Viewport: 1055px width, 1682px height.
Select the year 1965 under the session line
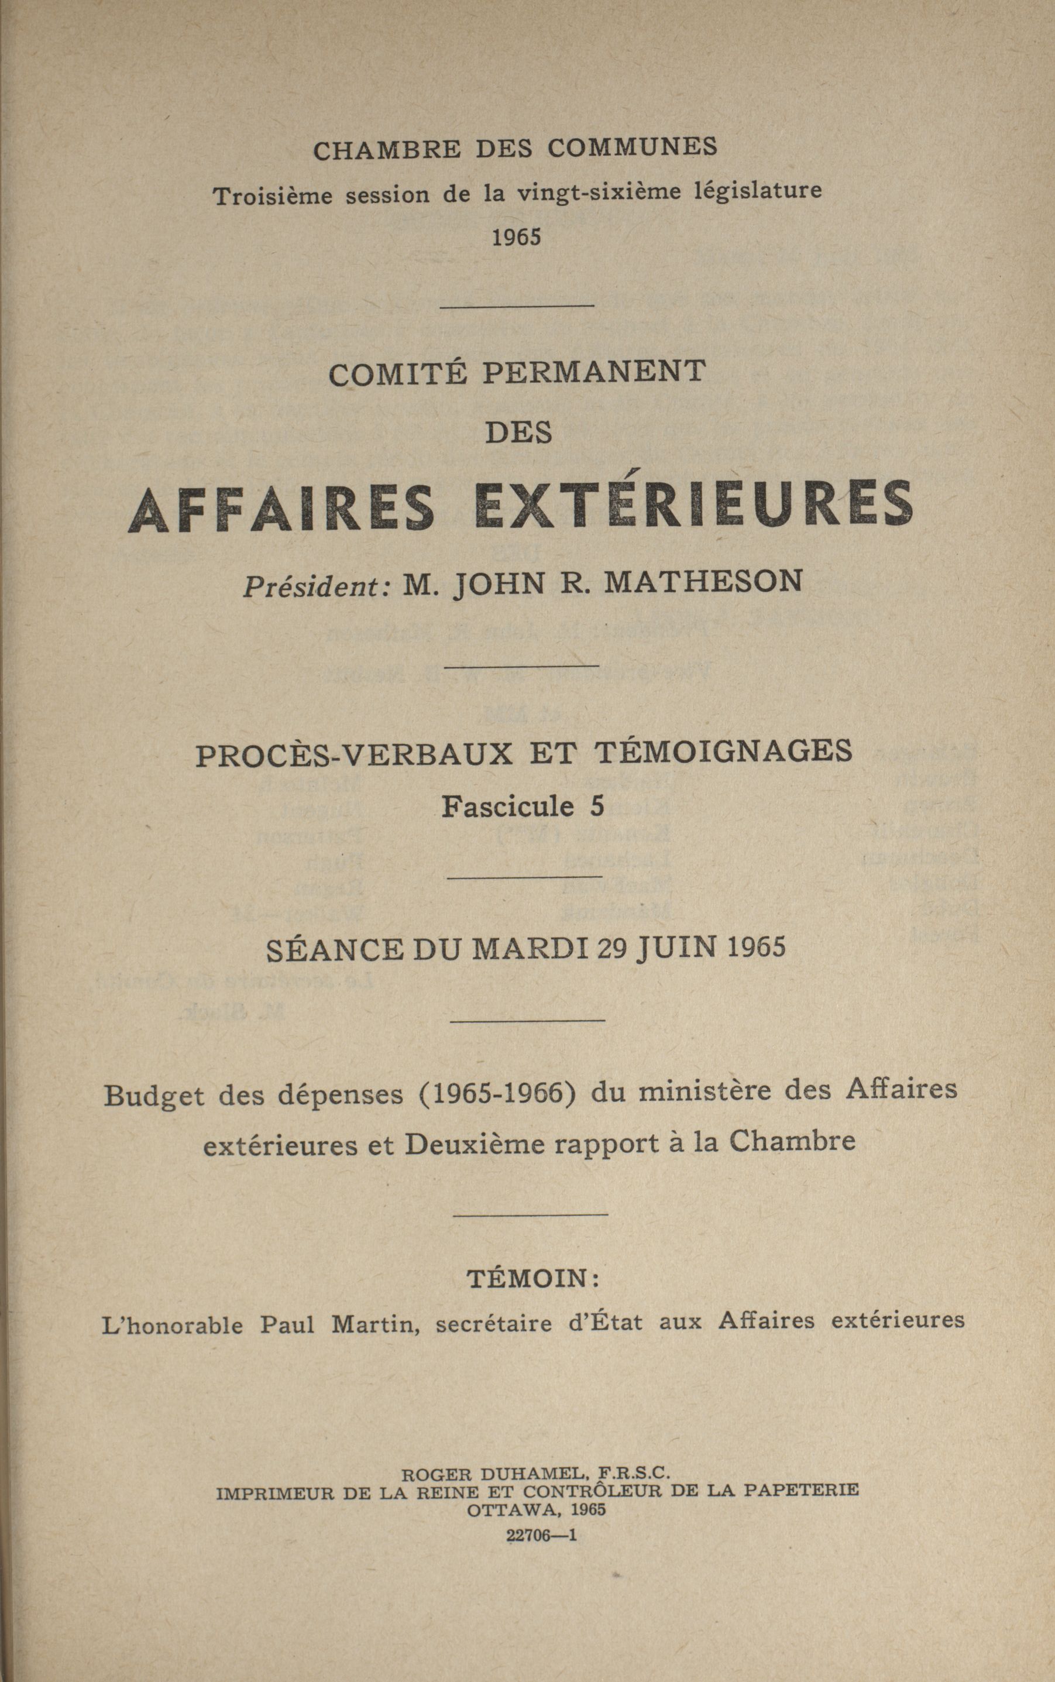tap(516, 238)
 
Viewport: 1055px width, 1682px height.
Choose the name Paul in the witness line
tap(287, 1323)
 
